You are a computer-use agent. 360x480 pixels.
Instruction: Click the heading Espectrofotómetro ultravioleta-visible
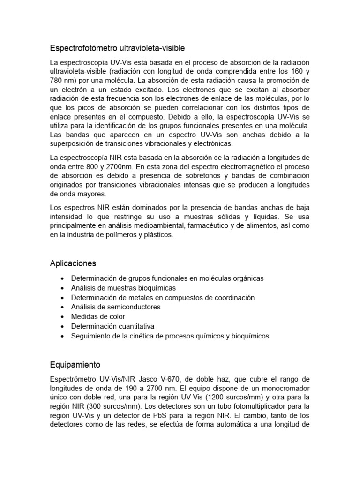(x=118, y=48)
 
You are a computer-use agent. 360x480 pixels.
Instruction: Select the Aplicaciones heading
(x=73, y=263)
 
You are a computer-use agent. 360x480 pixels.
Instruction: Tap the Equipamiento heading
(x=75, y=364)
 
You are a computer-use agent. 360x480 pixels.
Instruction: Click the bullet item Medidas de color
(x=98, y=316)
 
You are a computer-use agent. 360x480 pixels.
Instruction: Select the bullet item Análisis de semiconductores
(x=116, y=307)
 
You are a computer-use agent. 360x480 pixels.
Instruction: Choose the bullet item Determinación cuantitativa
(x=112, y=326)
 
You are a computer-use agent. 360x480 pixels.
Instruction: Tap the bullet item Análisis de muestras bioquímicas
(x=123, y=288)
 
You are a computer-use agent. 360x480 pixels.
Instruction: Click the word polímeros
(x=116, y=236)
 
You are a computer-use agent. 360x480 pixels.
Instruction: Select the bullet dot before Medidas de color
(x=62, y=317)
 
